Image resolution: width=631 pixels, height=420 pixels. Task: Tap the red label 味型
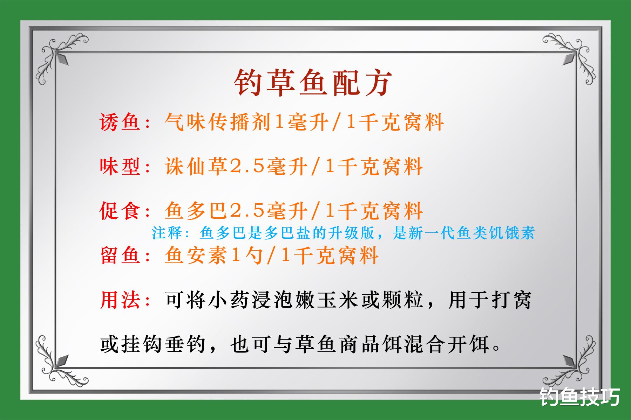point(120,167)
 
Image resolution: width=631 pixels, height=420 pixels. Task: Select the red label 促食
point(120,211)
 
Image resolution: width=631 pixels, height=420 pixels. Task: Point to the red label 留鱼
point(120,255)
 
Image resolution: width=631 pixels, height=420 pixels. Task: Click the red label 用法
point(120,300)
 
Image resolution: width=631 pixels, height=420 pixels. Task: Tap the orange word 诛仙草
point(196,167)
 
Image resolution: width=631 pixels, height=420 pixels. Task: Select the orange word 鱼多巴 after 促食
point(196,211)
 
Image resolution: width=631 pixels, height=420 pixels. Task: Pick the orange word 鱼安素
point(196,255)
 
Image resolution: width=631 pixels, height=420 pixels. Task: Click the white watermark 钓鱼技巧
point(580,398)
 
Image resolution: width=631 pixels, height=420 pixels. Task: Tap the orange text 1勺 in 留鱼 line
point(247,255)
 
